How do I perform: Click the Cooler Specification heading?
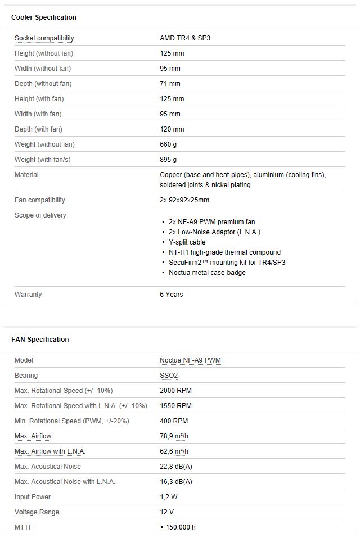tap(43, 17)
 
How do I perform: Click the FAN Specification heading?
tap(40, 340)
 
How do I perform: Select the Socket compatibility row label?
tap(44, 38)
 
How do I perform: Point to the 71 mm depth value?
tap(170, 84)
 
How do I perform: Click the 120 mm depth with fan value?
tap(172, 129)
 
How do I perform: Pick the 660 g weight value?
tap(169, 144)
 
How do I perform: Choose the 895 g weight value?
tap(169, 160)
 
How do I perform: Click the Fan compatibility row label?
tap(39, 200)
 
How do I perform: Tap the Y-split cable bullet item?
tap(187, 242)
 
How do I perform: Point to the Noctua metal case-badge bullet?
tap(207, 273)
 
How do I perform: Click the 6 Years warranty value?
tap(171, 295)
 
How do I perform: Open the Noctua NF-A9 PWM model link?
tap(190, 360)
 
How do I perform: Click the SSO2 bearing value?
tap(169, 376)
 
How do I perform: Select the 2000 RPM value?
tap(175, 391)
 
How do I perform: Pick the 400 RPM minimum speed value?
tap(174, 421)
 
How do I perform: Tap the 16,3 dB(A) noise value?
tap(175, 482)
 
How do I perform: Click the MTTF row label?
tap(24, 527)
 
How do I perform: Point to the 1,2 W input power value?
tap(169, 497)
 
